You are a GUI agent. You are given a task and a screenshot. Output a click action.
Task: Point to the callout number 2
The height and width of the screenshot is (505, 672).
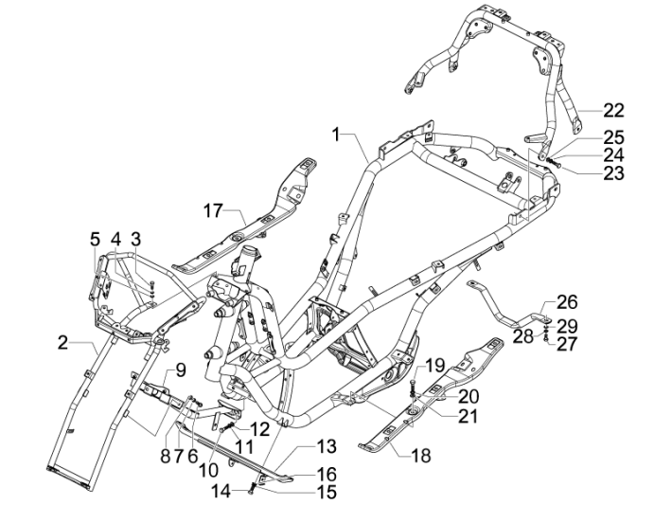62,342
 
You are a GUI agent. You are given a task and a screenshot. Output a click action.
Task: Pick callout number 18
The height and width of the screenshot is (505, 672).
420,456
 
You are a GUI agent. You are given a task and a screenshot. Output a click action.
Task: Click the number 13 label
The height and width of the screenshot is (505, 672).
326,446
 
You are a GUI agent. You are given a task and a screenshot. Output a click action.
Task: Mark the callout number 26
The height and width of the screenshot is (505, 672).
566,302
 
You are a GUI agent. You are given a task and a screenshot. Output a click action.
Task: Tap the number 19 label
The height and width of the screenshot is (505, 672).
434,365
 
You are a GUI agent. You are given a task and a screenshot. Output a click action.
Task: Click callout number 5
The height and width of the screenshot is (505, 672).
95,238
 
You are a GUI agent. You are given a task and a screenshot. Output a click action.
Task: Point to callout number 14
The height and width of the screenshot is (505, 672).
221,490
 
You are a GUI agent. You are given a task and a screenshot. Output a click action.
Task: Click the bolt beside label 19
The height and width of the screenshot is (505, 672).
415,386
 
